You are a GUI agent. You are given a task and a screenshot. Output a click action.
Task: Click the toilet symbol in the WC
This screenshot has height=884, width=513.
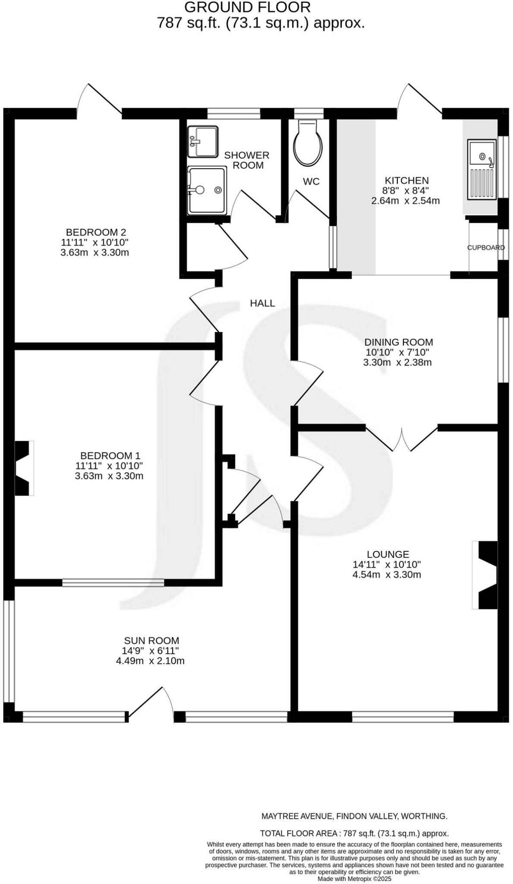[308, 144]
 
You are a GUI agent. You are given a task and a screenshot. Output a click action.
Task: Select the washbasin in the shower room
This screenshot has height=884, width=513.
[203, 141]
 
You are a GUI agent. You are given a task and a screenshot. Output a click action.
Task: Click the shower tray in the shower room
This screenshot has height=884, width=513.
[207, 190]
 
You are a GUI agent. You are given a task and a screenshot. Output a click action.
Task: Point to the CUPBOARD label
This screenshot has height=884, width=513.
[486, 248]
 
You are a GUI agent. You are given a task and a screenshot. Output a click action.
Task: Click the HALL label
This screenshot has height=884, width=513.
[262, 303]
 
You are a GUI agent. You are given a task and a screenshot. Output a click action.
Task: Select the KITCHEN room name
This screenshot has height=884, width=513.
[406, 180]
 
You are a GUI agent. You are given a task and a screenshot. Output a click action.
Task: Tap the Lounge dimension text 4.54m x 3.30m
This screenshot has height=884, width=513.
[387, 575]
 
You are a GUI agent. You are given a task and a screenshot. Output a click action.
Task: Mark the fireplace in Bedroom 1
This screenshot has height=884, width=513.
[25, 468]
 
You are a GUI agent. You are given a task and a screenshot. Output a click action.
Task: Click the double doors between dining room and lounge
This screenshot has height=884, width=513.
[402, 439]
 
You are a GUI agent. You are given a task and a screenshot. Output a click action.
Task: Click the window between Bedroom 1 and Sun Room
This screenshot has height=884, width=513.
[113, 583]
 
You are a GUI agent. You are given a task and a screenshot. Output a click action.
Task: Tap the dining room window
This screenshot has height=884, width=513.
[503, 350]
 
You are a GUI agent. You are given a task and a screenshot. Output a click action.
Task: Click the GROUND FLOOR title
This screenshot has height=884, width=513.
[247, 7]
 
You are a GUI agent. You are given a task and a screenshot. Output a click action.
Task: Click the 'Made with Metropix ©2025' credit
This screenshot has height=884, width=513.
[354, 878]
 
